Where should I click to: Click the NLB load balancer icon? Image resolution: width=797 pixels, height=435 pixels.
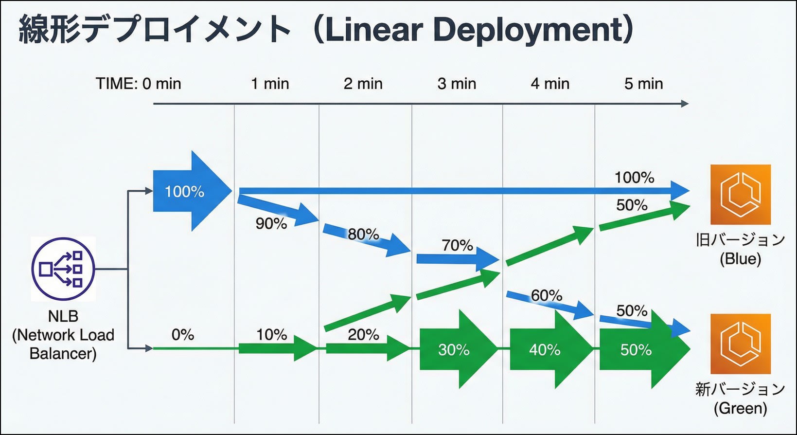[x=63, y=269]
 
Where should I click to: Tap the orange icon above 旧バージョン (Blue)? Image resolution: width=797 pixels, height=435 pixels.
[x=741, y=194]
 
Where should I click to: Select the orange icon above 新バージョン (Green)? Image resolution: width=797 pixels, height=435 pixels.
[x=741, y=344]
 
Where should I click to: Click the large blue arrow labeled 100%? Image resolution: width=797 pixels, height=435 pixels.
[x=192, y=191]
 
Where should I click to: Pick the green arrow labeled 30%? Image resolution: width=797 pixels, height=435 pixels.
[x=458, y=349]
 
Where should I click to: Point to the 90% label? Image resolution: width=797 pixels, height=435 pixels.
[x=271, y=223]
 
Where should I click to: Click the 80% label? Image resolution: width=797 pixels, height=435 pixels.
[x=363, y=234]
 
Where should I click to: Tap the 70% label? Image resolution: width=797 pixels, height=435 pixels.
[x=457, y=245]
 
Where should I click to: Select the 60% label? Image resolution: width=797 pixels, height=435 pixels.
[x=547, y=295]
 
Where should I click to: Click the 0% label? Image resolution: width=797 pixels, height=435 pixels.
[x=182, y=335]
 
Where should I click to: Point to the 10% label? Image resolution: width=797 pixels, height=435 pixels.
[x=271, y=335]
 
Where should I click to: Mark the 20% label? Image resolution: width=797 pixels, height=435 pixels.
[x=363, y=335]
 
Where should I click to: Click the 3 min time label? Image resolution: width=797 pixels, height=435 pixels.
[x=457, y=84]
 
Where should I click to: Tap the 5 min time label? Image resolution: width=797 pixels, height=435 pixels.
[x=644, y=84]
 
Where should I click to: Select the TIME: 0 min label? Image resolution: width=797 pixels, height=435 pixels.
[x=139, y=84]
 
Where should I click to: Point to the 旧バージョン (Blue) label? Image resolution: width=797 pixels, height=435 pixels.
[x=741, y=249]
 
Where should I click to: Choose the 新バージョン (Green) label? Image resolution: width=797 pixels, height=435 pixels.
[x=741, y=399]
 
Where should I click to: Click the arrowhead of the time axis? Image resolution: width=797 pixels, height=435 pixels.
[x=685, y=104]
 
